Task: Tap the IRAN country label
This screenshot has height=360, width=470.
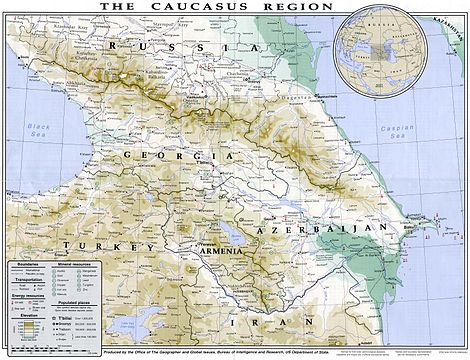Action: pyautogui.click(x=244, y=325)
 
